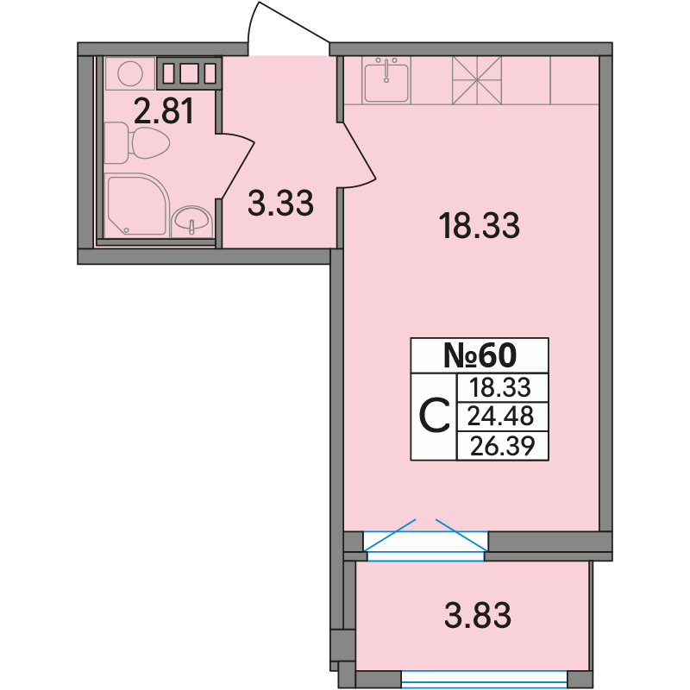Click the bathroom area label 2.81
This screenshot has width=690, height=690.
[x=164, y=111]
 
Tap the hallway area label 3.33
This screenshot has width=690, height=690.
[x=281, y=203]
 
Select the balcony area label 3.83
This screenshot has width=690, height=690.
[x=478, y=615]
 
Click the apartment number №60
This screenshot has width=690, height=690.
[x=480, y=355]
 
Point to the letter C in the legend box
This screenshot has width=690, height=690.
[x=435, y=416]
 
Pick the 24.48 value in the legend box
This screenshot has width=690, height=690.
[x=500, y=416]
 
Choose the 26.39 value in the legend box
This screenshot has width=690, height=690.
[x=503, y=446]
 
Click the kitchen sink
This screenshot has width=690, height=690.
[x=386, y=80]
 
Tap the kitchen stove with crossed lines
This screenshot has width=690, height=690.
[x=477, y=80]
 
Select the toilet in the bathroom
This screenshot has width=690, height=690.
[x=137, y=142]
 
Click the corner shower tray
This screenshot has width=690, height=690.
[x=137, y=205]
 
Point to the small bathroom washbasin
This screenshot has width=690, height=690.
[x=191, y=222]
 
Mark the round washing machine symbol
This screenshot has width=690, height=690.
[x=130, y=73]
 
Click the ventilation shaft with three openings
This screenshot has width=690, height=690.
[x=189, y=72]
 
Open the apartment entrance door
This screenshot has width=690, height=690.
[x=289, y=29]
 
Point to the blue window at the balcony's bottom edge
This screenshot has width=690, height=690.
[x=485, y=679]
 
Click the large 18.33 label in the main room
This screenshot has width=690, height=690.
[x=480, y=226]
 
